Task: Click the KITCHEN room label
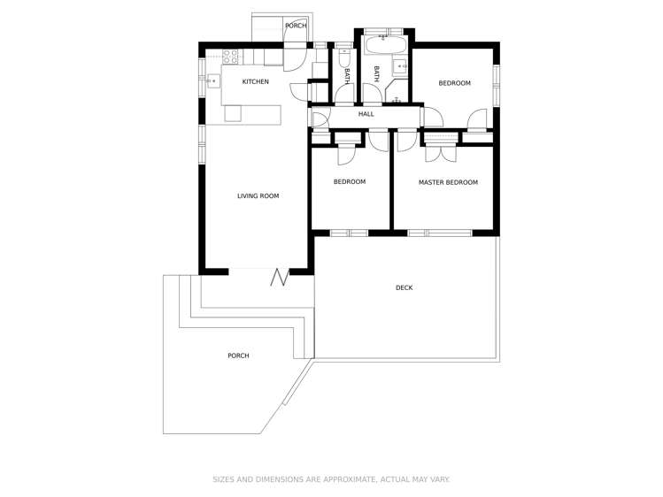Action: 256,82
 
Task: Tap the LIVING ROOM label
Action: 258,195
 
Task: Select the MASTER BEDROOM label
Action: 448,182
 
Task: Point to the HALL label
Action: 366,114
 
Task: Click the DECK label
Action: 404,287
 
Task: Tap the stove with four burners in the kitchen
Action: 229,57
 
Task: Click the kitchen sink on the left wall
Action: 212,81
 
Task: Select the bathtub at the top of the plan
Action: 385,42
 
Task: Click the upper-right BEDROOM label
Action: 454,83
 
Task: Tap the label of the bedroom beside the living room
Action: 349,182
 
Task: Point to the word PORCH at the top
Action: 296,26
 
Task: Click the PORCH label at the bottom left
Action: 238,356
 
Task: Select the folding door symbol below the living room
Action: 281,278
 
